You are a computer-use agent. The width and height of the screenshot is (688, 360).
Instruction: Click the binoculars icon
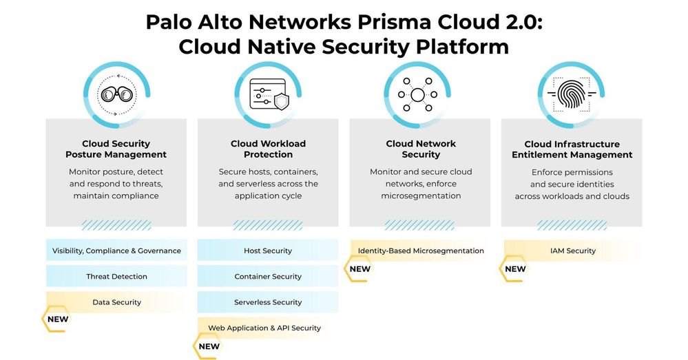point(116,94)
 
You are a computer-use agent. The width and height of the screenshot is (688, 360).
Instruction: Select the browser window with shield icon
point(268,94)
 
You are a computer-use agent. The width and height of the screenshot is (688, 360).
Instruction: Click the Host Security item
point(268,251)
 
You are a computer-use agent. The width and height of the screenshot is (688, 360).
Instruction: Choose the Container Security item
point(268,277)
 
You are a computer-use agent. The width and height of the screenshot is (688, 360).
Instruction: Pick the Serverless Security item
point(268,302)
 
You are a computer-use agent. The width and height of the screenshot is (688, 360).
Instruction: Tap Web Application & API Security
point(264,328)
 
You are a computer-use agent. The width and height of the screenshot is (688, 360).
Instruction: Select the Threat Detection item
point(116,277)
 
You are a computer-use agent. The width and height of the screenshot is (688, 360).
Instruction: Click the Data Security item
point(116,302)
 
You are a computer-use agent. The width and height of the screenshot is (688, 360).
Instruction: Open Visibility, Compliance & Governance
point(116,251)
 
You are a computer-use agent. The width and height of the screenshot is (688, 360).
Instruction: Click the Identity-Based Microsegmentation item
point(420,251)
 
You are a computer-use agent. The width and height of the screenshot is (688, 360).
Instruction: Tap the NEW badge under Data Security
point(57,319)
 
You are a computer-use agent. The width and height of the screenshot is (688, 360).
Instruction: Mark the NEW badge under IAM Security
point(515,269)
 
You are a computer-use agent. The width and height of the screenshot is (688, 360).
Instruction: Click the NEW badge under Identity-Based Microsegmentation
point(359,269)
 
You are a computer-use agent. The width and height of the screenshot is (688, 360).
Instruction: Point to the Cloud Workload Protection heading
point(268,149)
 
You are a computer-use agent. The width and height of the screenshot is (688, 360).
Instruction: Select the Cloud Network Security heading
point(420,149)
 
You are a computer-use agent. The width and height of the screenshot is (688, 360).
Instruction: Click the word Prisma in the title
point(384,22)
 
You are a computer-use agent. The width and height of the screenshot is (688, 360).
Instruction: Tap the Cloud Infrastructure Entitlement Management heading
point(572,149)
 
